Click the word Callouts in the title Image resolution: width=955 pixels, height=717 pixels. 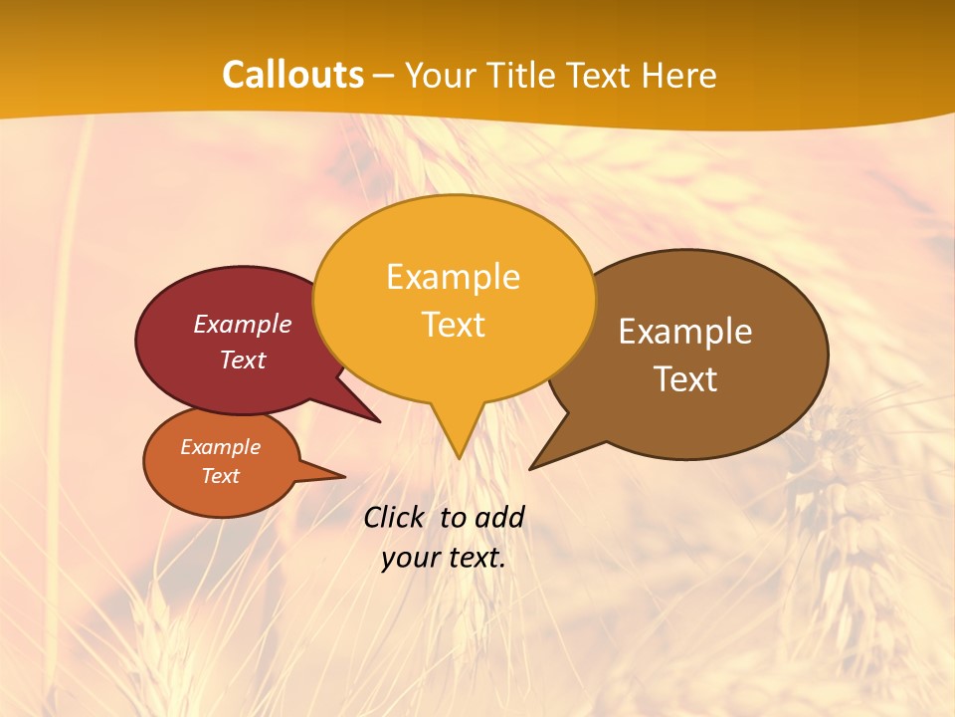click(x=292, y=75)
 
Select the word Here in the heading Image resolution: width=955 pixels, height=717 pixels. click(x=678, y=75)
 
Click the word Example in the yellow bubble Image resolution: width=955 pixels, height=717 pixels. click(x=453, y=277)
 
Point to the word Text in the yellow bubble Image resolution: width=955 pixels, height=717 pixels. click(x=453, y=325)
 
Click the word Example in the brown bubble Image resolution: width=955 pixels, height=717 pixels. click(x=685, y=332)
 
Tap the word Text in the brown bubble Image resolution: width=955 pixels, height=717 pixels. click(x=685, y=379)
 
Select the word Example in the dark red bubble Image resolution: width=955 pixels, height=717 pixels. click(x=242, y=325)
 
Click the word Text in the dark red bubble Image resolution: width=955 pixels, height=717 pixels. click(x=242, y=360)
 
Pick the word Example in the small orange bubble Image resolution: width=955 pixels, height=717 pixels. click(x=220, y=447)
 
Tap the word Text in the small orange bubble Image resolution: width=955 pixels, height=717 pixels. click(x=220, y=476)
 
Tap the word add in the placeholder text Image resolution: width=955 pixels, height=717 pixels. click(x=500, y=517)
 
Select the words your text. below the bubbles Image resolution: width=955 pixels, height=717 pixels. click(x=443, y=558)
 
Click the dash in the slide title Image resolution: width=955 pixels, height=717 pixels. click(x=384, y=76)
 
